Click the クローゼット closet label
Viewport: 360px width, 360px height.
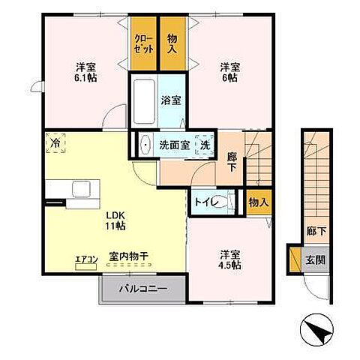[144, 44]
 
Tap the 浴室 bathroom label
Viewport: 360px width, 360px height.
[171, 100]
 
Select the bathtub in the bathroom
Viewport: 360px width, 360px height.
[144, 101]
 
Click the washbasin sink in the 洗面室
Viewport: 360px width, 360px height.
[145, 145]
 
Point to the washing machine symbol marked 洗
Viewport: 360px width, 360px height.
[205, 145]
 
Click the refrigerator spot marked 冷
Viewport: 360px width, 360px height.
[55, 142]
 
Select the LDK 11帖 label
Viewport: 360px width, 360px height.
[115, 220]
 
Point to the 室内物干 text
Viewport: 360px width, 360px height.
[129, 256]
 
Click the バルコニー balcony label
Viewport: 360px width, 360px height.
[143, 289]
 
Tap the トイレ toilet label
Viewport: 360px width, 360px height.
[207, 202]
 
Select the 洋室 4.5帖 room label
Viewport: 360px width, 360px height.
[229, 259]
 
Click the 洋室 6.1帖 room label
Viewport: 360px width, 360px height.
[85, 72]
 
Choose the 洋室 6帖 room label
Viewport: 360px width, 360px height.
[229, 72]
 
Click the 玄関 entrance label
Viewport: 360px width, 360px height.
[316, 260]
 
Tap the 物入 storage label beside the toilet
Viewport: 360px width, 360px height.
[259, 202]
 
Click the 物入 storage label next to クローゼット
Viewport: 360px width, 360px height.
[172, 43]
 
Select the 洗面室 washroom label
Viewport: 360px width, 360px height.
[175, 145]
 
